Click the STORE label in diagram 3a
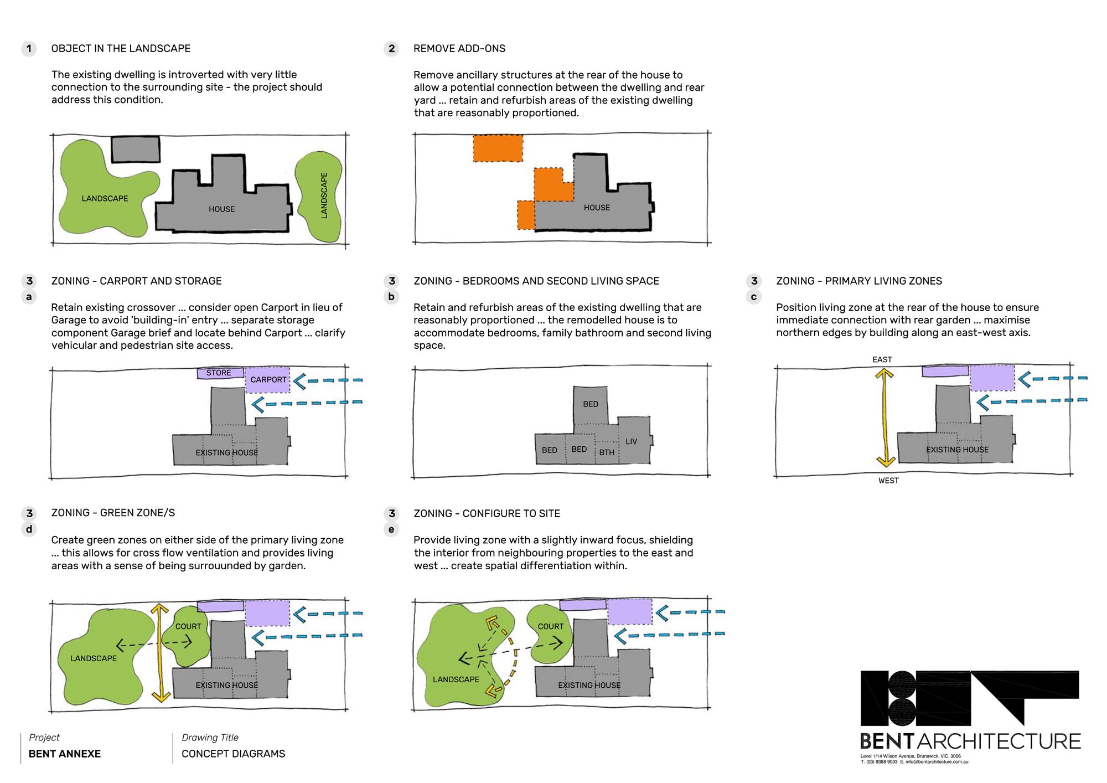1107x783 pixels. (x=219, y=373)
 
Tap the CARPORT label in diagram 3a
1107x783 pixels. (x=268, y=379)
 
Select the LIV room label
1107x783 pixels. (x=631, y=441)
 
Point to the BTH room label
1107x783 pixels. (x=607, y=452)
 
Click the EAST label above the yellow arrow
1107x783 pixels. (x=882, y=359)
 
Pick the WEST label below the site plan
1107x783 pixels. (x=888, y=481)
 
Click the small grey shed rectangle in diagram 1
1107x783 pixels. (x=136, y=149)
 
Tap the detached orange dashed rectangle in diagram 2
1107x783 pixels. (x=498, y=148)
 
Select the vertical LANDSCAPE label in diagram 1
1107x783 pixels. (x=324, y=195)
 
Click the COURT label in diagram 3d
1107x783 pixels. (x=188, y=626)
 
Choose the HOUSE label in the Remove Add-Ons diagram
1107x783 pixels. (x=597, y=208)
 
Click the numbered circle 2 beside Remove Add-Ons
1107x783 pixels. (x=391, y=49)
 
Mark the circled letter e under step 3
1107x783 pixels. (x=391, y=529)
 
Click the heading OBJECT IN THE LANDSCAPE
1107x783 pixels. (x=121, y=49)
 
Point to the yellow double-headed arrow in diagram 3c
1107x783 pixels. (x=884, y=419)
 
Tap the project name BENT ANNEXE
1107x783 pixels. (x=65, y=754)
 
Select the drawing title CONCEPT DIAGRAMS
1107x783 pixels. (x=233, y=754)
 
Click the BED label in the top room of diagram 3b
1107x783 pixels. (x=591, y=404)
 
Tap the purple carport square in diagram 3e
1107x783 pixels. (x=630, y=612)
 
